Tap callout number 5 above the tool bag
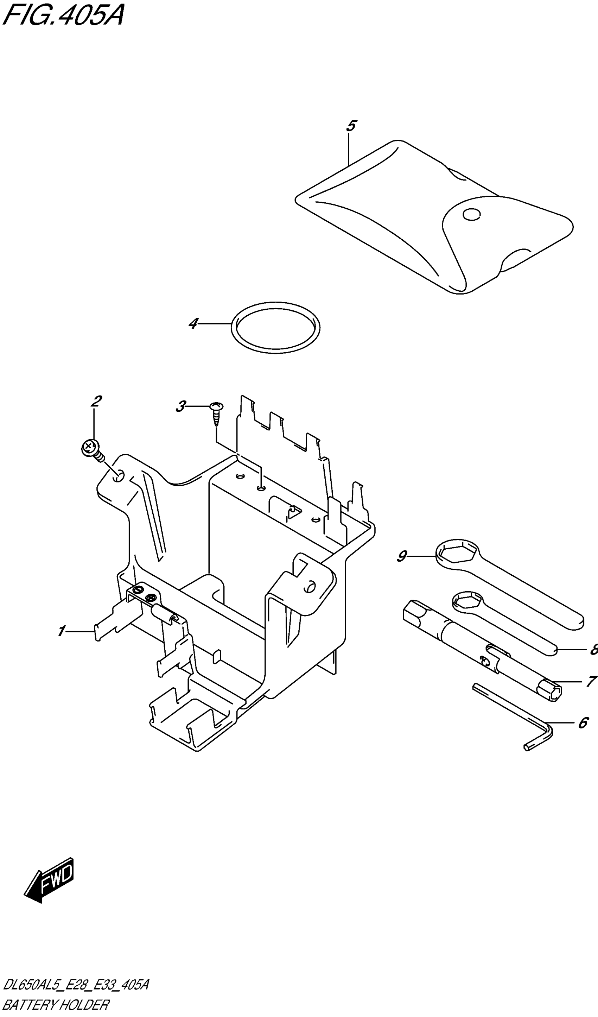tap(351, 126)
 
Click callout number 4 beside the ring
tap(194, 323)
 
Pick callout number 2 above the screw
tap(96, 401)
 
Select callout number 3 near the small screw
tap(181, 406)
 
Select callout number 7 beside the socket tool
tap(591, 681)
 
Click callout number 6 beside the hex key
tap(583, 722)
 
